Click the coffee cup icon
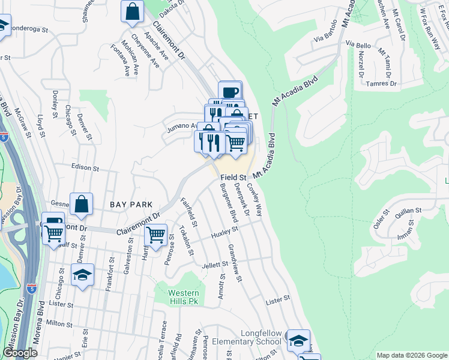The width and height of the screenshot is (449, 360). coord(230,92)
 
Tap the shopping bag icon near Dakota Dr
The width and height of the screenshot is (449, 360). coord(132,11)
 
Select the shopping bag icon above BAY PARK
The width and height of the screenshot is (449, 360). coord(82,204)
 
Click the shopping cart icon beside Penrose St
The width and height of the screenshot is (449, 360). coord(156,234)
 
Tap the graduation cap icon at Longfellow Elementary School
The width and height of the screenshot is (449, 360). coord(298,340)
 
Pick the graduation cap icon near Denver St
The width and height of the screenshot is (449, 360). coord(82,275)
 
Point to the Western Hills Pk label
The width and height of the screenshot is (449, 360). coord(183,298)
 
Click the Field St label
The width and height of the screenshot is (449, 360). coord(234,178)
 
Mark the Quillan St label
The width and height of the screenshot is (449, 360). coord(408,211)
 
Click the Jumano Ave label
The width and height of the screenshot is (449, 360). coord(182,126)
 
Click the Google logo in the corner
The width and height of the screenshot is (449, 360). coord(20,353)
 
